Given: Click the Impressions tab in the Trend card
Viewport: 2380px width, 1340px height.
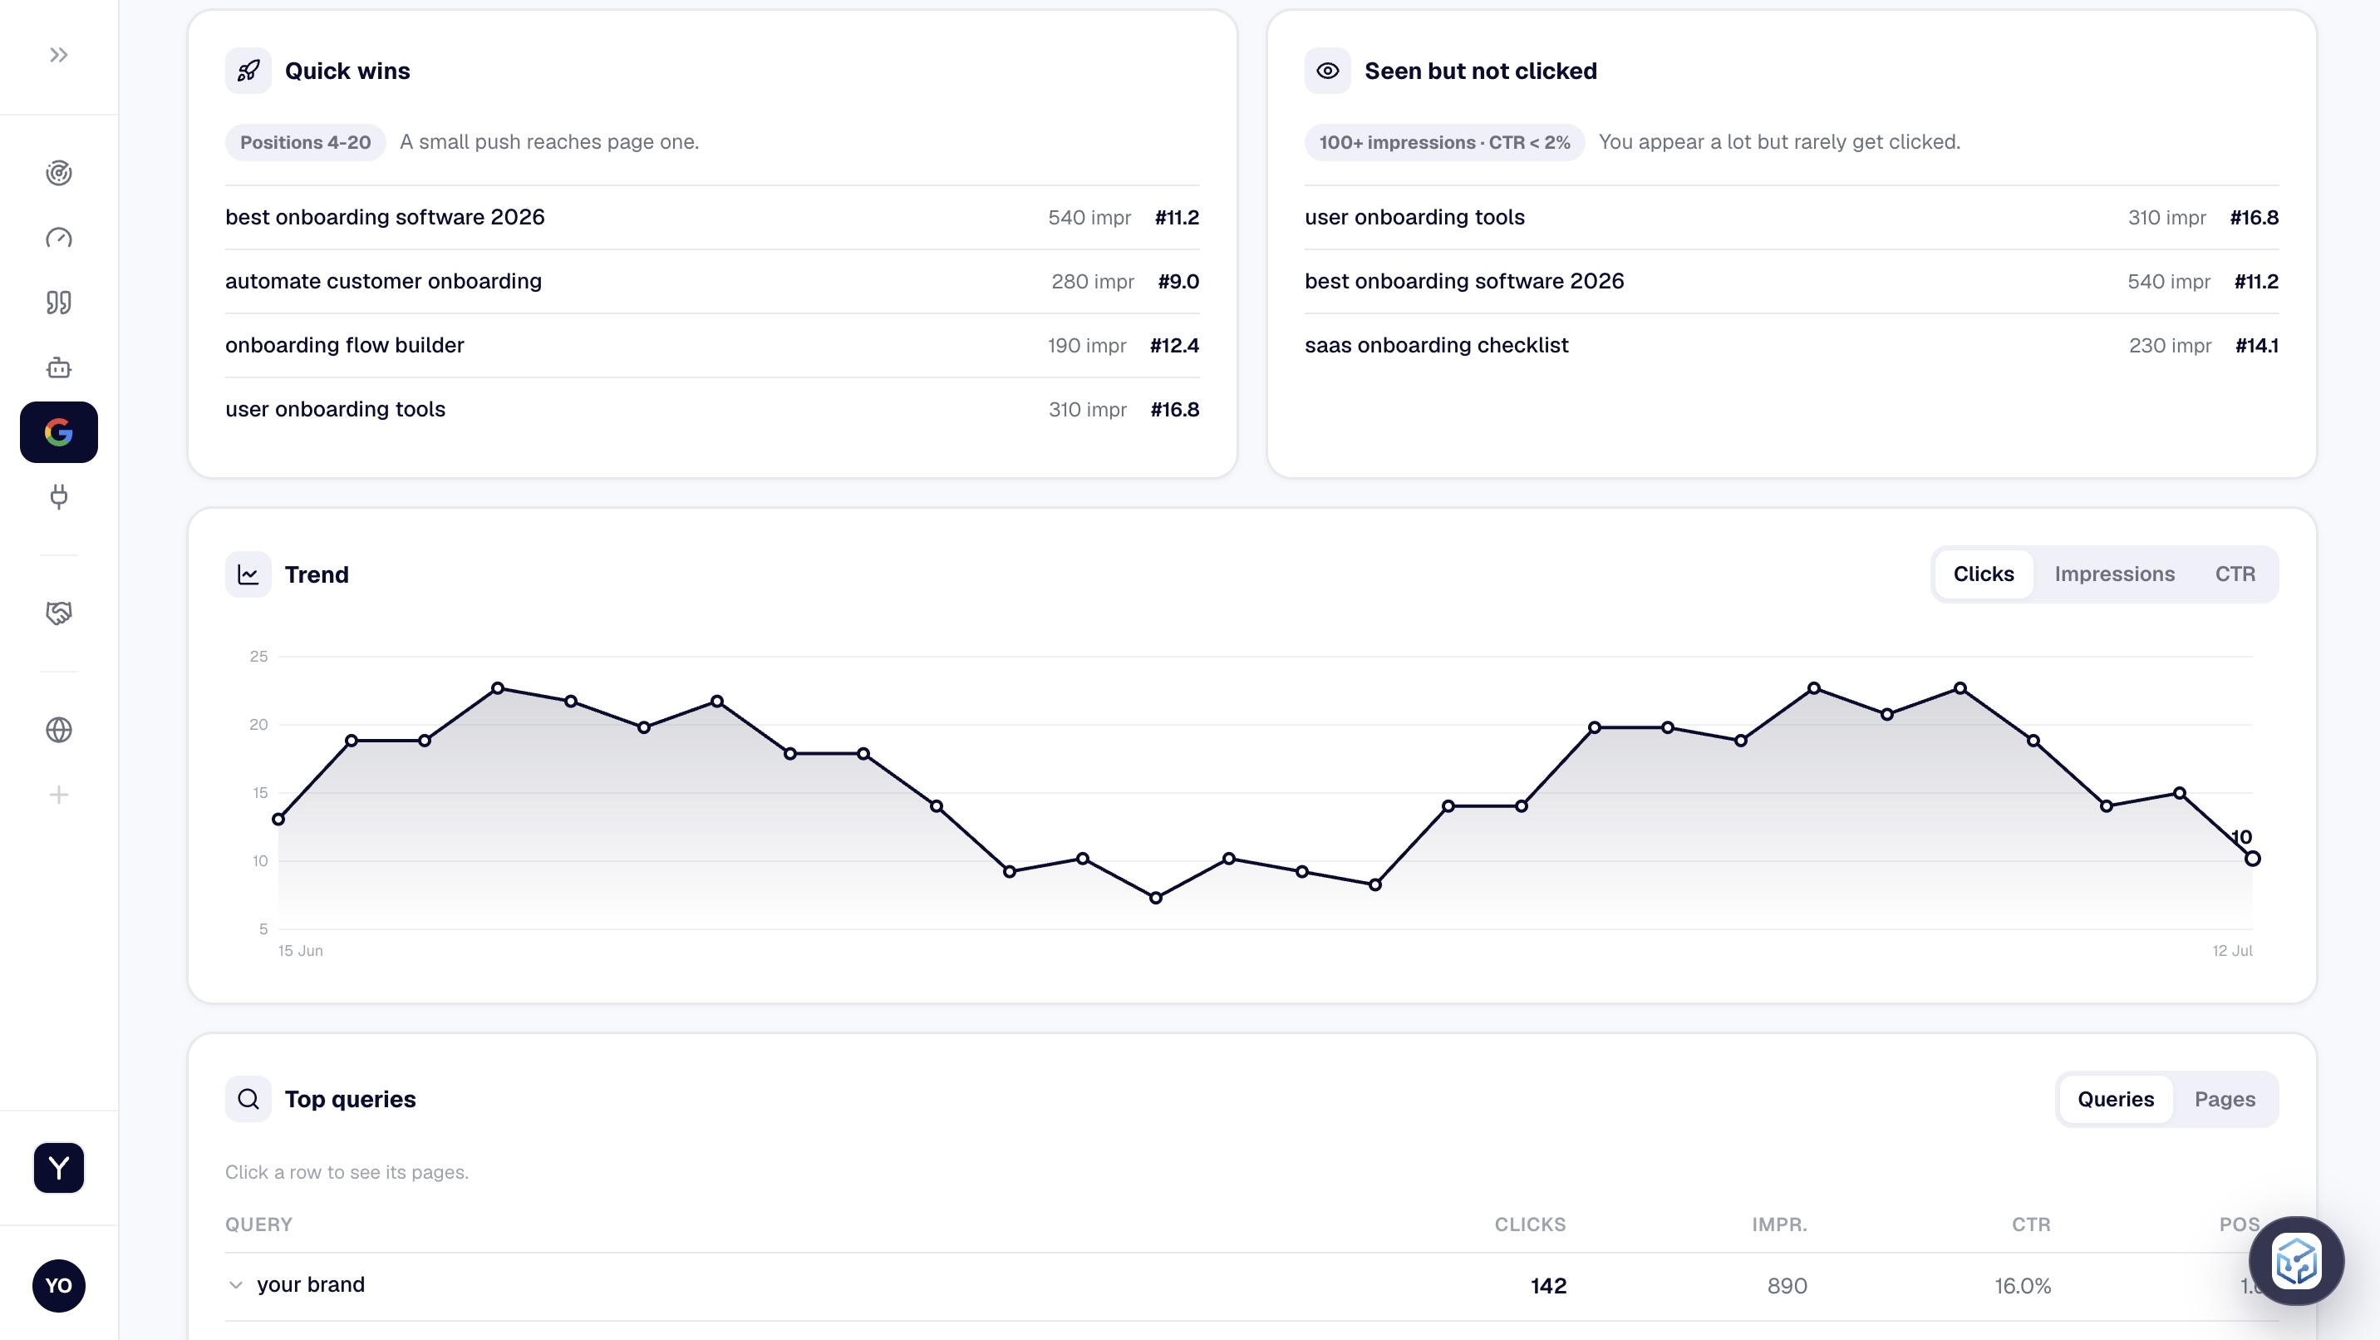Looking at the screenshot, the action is tap(2114, 574).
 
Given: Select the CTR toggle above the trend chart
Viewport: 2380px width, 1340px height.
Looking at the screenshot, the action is tap(2235, 574).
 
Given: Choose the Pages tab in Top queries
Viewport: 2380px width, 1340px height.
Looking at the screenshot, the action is tap(2225, 1099).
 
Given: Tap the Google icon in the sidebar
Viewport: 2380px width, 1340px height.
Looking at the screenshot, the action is tap(59, 432).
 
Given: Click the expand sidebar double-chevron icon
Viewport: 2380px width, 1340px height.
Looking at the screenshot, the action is tap(59, 56).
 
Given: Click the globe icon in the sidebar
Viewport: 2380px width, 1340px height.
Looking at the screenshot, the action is tap(59, 730).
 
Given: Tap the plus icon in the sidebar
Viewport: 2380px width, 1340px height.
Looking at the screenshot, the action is tap(59, 795).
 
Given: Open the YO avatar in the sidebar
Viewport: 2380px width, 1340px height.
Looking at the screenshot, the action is tap(59, 1285).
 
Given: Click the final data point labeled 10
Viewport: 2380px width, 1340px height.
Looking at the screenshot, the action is tap(2253, 859).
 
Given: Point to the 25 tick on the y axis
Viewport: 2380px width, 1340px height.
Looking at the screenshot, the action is tap(258, 656).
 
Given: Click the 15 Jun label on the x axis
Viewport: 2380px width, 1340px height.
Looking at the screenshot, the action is tap(300, 951).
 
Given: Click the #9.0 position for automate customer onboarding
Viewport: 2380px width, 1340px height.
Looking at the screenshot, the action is tap(1178, 281).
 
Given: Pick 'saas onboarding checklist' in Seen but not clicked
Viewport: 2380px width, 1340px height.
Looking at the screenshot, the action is tap(1437, 346).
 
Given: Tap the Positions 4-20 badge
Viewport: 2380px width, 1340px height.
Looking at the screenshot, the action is tap(306, 142).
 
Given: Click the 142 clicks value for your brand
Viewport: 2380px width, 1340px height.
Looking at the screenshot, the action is tap(1548, 1285).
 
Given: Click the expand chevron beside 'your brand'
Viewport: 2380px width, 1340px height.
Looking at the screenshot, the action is tap(237, 1284).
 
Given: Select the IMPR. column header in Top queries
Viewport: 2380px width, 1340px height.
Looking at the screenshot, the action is tap(1779, 1224).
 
